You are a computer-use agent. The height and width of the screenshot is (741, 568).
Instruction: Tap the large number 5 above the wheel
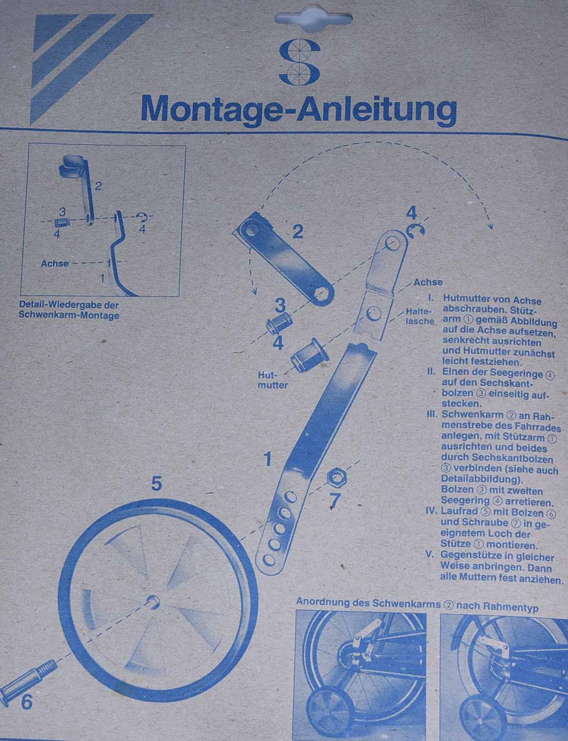tap(156, 483)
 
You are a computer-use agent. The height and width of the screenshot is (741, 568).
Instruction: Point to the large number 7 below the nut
tap(335, 501)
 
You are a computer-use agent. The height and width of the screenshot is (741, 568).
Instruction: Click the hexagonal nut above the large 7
tap(336, 478)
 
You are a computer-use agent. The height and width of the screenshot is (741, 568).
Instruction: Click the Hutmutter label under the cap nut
tap(273, 380)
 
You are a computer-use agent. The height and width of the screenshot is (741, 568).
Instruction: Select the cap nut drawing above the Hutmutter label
tap(309, 355)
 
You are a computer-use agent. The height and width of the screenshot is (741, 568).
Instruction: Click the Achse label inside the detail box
tap(54, 263)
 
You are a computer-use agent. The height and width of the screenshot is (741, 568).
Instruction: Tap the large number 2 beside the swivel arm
tap(297, 232)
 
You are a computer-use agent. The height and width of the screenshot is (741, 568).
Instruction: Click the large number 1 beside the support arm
tap(267, 459)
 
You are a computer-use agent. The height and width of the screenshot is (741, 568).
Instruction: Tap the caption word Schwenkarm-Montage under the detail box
tap(69, 315)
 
